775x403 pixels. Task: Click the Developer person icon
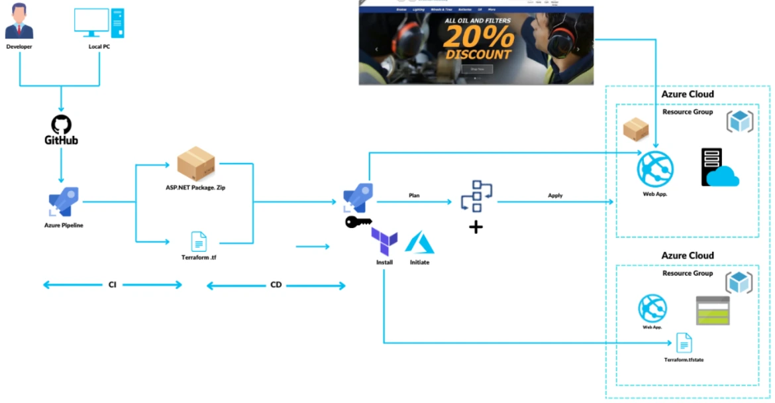pyautogui.click(x=19, y=21)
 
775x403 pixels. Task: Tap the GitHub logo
pyautogui.click(x=61, y=130)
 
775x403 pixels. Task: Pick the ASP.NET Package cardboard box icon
pyautogui.click(x=196, y=164)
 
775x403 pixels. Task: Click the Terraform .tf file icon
pyautogui.click(x=199, y=241)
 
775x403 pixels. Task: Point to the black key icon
pyautogui.click(x=358, y=222)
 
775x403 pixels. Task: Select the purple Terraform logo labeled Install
pyautogui.click(x=384, y=242)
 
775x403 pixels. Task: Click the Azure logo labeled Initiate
pyautogui.click(x=419, y=243)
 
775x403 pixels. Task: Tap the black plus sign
pyautogui.click(x=476, y=227)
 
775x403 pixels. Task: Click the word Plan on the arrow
pyautogui.click(x=414, y=196)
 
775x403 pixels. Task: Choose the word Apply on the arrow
pyautogui.click(x=555, y=196)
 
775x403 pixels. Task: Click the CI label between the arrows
pyautogui.click(x=113, y=285)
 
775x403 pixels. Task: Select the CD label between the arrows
pyautogui.click(x=276, y=285)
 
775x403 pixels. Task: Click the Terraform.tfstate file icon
pyautogui.click(x=684, y=343)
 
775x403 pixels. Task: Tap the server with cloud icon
pyautogui.click(x=719, y=167)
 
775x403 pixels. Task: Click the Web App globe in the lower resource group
pyautogui.click(x=652, y=309)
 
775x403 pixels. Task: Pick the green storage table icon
pyautogui.click(x=713, y=310)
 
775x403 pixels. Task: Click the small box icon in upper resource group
pyautogui.click(x=635, y=131)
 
